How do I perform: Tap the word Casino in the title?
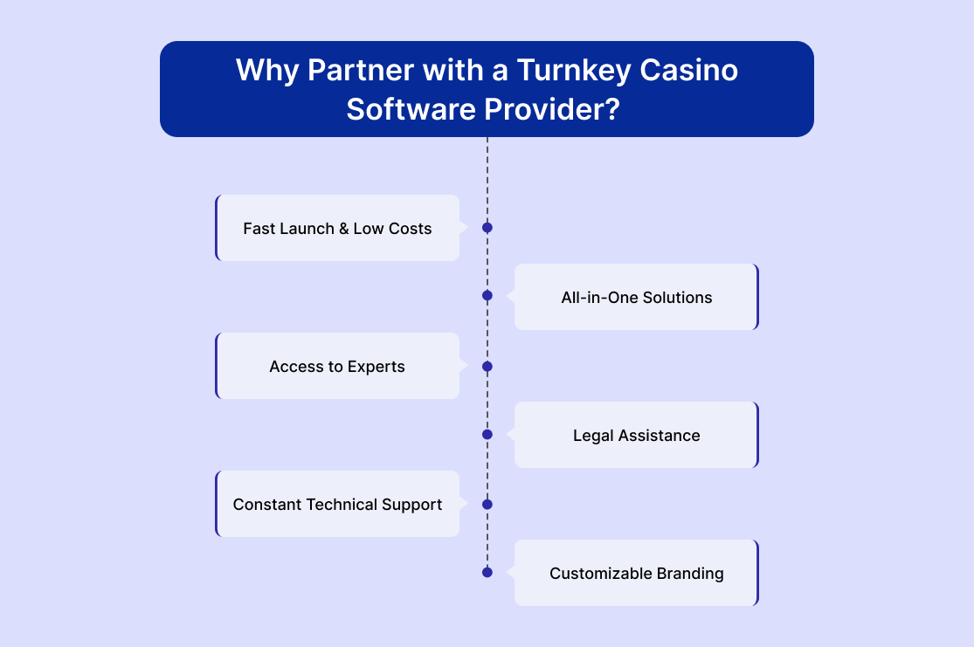pyautogui.click(x=689, y=70)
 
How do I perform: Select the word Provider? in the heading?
pyautogui.click(x=551, y=109)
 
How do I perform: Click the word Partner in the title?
pyautogui.click(x=361, y=70)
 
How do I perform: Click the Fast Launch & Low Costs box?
pyautogui.click(x=337, y=228)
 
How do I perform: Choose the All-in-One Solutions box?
pyautogui.click(x=637, y=297)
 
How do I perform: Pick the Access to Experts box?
pyautogui.click(x=337, y=367)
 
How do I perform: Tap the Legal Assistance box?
pyautogui.click(x=637, y=435)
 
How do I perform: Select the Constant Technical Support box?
pyautogui.click(x=337, y=504)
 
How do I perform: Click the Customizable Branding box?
pyautogui.click(x=637, y=573)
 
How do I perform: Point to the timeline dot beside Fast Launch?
pyautogui.click(x=487, y=228)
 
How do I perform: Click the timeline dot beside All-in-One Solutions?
pyautogui.click(x=487, y=295)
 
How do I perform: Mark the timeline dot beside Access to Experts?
pyautogui.click(x=487, y=367)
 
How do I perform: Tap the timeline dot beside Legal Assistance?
pyautogui.click(x=487, y=435)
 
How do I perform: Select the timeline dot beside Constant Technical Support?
pyautogui.click(x=487, y=505)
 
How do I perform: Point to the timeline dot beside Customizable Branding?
pyautogui.click(x=487, y=573)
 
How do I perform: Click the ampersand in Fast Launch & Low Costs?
pyautogui.click(x=344, y=229)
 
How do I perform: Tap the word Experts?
pyautogui.click(x=376, y=367)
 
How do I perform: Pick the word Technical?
pyautogui.click(x=341, y=505)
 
